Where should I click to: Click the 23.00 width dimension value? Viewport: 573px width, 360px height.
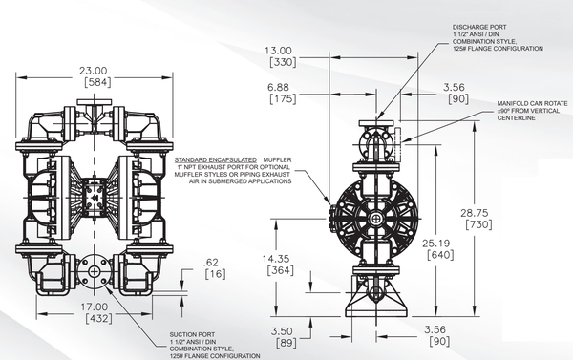[94, 71]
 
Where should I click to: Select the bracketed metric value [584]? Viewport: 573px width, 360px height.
[97, 82]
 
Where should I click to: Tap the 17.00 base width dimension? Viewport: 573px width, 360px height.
[95, 307]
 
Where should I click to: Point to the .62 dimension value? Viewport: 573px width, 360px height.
[210, 263]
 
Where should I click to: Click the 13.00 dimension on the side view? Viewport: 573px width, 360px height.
[279, 51]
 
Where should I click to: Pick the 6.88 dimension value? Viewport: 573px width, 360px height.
[278, 87]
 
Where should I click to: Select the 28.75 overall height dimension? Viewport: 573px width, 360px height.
[475, 213]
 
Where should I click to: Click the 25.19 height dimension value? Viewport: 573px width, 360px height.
[436, 244]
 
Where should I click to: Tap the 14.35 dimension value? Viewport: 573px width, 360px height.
[276, 259]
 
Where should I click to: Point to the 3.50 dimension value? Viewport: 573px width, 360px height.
[282, 331]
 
